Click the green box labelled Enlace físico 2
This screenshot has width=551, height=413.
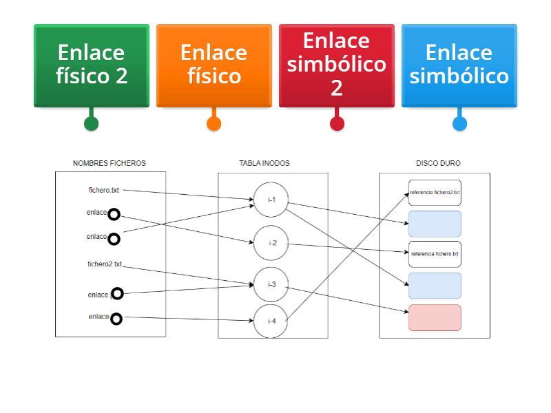(92, 65)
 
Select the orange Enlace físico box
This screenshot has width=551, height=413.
(214, 65)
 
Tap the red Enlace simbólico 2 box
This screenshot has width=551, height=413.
(336, 65)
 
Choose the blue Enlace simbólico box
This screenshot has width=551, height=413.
(459, 65)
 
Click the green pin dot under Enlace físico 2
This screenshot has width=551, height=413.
(91, 124)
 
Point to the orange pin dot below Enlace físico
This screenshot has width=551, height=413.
(214, 124)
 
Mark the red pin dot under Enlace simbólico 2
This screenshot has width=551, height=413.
(336, 124)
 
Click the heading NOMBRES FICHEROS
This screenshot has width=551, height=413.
(110, 163)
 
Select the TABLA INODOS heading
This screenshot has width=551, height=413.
(264, 163)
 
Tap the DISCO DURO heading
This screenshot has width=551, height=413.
(438, 163)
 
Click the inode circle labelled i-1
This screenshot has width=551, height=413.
(272, 200)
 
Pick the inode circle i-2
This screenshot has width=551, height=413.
(272, 243)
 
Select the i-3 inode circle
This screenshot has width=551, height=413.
(272, 284)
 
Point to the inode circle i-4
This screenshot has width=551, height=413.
(272, 321)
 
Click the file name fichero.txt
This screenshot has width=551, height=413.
(104, 189)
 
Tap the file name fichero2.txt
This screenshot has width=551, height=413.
(105, 264)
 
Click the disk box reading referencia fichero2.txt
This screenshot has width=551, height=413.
(435, 193)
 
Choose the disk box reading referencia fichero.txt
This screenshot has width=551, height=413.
(435, 254)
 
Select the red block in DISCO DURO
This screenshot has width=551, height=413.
(435, 317)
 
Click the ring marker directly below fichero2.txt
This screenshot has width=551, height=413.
(117, 294)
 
